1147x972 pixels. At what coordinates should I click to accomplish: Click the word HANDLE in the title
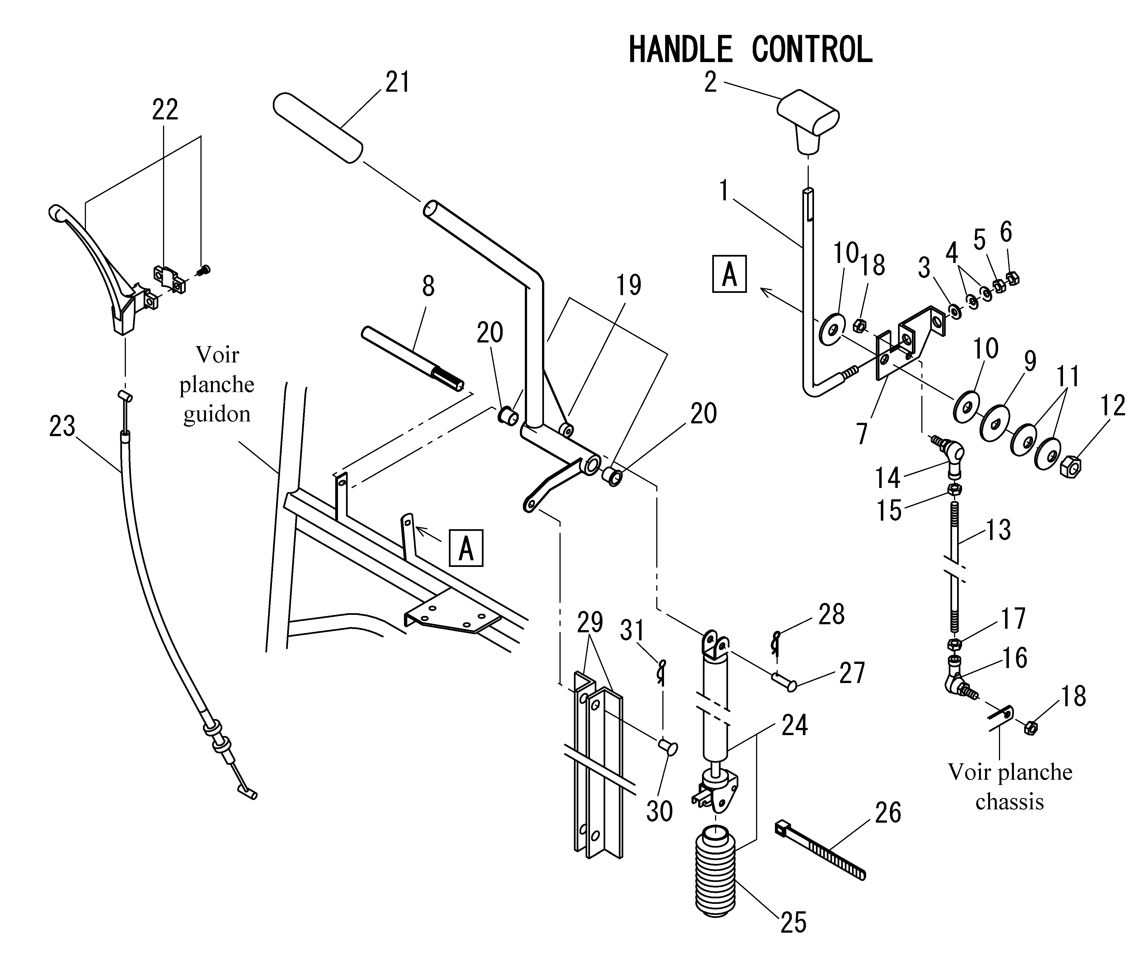[x=680, y=50]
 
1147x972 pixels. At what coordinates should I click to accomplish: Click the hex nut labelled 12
[x=1070, y=466]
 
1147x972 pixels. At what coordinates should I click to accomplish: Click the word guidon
[x=217, y=414]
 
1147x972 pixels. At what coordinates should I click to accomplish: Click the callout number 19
[x=629, y=285]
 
